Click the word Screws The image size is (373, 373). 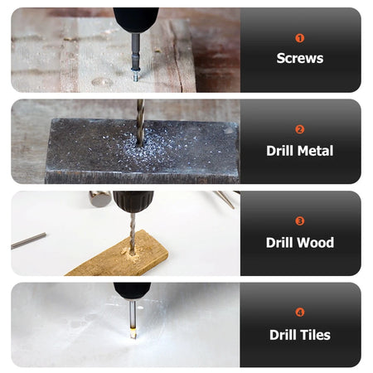[300, 58]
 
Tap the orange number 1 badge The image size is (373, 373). [300, 38]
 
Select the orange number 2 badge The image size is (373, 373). [300, 129]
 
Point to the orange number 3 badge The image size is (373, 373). [300, 221]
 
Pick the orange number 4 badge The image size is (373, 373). [300, 312]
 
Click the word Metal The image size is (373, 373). [316, 151]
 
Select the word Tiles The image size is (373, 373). [315, 335]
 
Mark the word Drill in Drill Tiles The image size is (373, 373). [283, 335]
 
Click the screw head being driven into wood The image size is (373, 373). [136, 76]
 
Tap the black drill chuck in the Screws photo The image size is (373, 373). [136, 20]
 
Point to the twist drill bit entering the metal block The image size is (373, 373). [140, 123]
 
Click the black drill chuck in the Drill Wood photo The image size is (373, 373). [133, 201]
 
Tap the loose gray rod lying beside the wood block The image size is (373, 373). [28, 240]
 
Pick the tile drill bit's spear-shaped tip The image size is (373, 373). [133, 333]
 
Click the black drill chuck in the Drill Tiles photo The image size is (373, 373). [133, 291]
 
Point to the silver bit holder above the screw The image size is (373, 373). [135, 52]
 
